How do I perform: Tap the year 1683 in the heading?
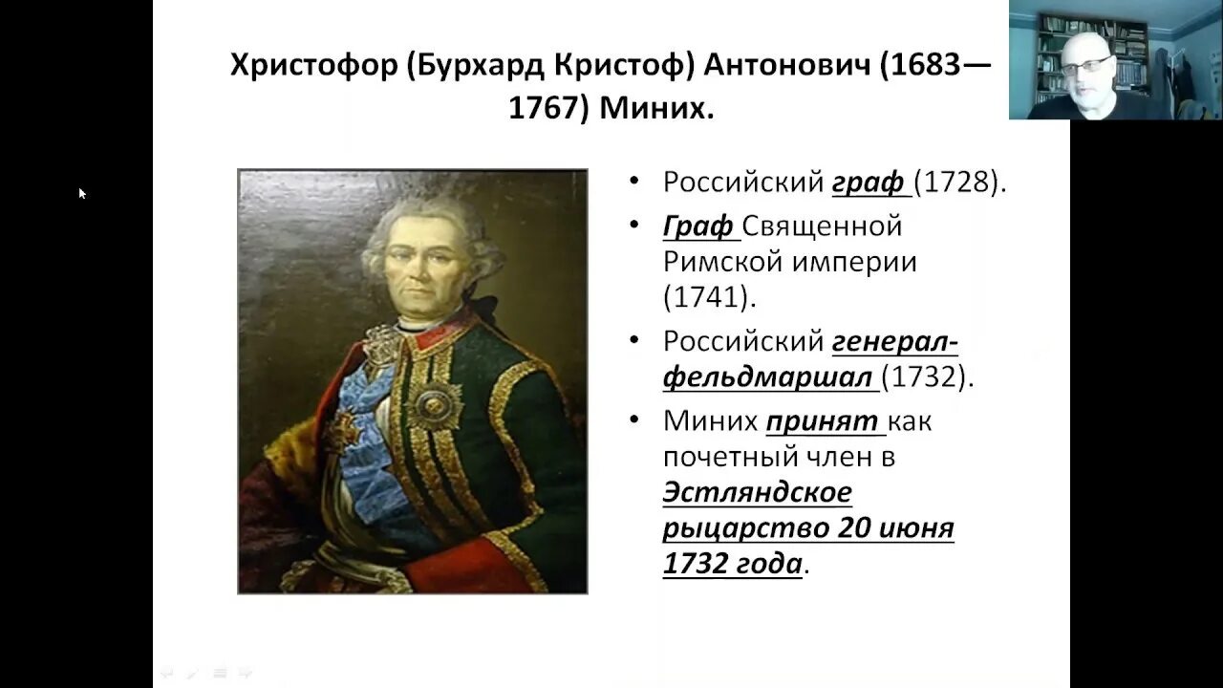coord(925,66)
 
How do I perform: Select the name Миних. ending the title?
coord(656,107)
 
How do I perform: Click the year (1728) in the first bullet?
coord(959,182)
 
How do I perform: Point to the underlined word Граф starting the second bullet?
coord(698,226)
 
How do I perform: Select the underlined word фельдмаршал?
coord(768,376)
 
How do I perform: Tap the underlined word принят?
coord(822,421)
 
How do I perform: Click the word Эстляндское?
coord(757,492)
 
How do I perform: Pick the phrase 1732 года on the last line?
coord(733,564)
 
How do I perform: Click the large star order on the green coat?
coord(437,402)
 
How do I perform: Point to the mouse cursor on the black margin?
coord(82,193)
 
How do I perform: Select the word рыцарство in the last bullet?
coord(745,527)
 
